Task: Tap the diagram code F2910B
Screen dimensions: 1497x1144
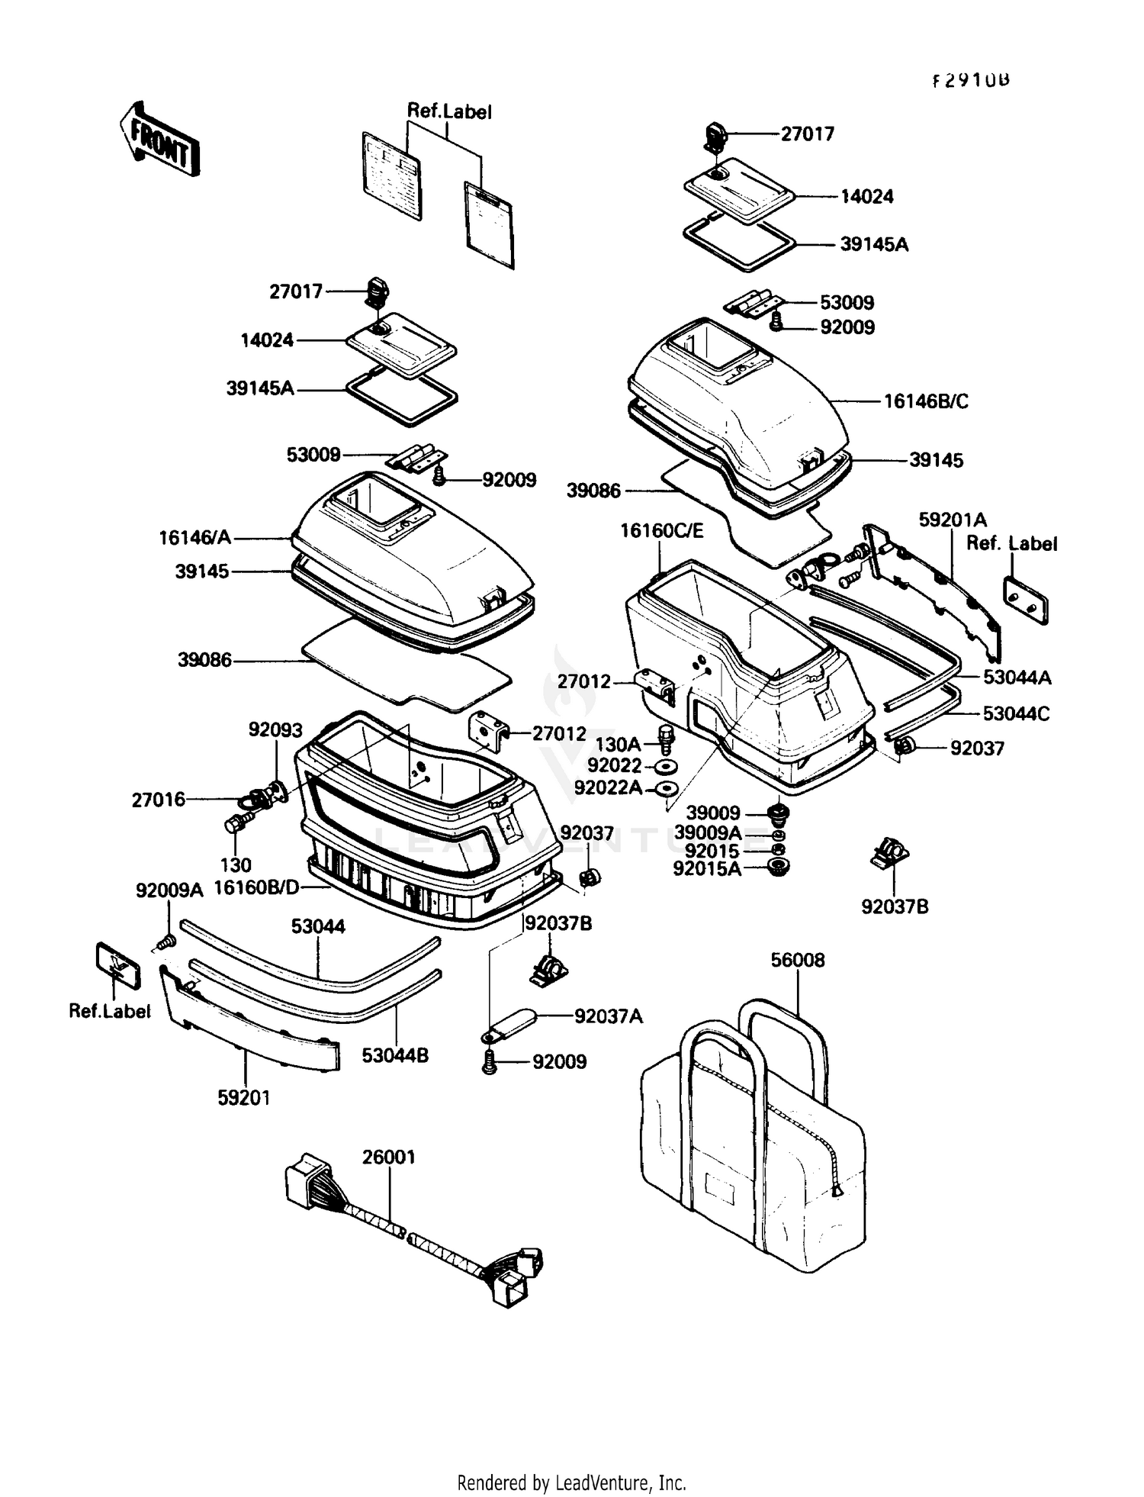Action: tap(971, 81)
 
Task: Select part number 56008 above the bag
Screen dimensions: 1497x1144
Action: tap(798, 960)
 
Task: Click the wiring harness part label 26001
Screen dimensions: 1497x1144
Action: tap(389, 1157)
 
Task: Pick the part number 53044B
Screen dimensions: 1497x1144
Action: tap(395, 1055)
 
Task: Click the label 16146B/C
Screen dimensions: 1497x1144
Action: tap(926, 401)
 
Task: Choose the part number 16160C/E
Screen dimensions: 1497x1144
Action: tap(662, 530)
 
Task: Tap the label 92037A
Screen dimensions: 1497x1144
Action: tap(609, 1016)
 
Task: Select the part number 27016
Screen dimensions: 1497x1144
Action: tap(159, 800)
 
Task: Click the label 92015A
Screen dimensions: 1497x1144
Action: tap(707, 868)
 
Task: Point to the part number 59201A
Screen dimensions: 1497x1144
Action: tap(953, 520)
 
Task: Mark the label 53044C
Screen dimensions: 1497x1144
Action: tap(1016, 714)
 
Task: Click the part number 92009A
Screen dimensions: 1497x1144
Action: tap(170, 890)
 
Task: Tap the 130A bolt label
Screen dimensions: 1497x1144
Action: tap(618, 744)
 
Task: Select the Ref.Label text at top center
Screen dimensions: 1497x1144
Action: tap(449, 111)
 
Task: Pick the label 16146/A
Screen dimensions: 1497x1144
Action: tap(194, 538)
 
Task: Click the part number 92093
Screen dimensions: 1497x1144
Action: tap(275, 729)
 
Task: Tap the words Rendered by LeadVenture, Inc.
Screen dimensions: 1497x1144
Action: tap(571, 1483)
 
